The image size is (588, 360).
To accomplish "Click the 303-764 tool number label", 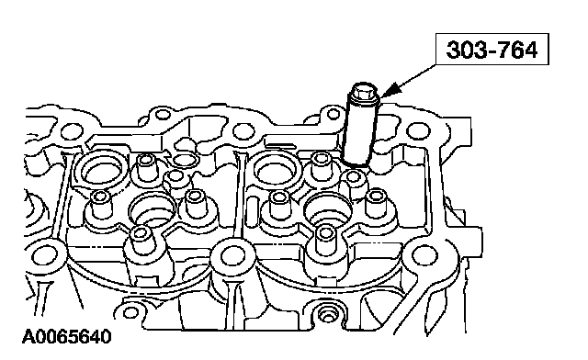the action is point(492,50).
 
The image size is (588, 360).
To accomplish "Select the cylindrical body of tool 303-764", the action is point(359,128).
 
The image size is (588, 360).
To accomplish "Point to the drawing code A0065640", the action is point(67,336).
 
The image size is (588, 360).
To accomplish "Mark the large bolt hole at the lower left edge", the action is point(45,256).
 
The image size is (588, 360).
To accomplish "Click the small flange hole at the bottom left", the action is point(130,312).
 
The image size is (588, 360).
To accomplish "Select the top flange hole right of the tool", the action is point(417,130).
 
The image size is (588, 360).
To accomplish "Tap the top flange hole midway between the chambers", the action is point(243,131).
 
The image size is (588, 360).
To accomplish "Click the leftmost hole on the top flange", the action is point(72,131).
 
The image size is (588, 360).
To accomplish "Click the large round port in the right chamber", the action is point(277,169).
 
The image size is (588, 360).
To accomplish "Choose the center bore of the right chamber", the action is point(329,210).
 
